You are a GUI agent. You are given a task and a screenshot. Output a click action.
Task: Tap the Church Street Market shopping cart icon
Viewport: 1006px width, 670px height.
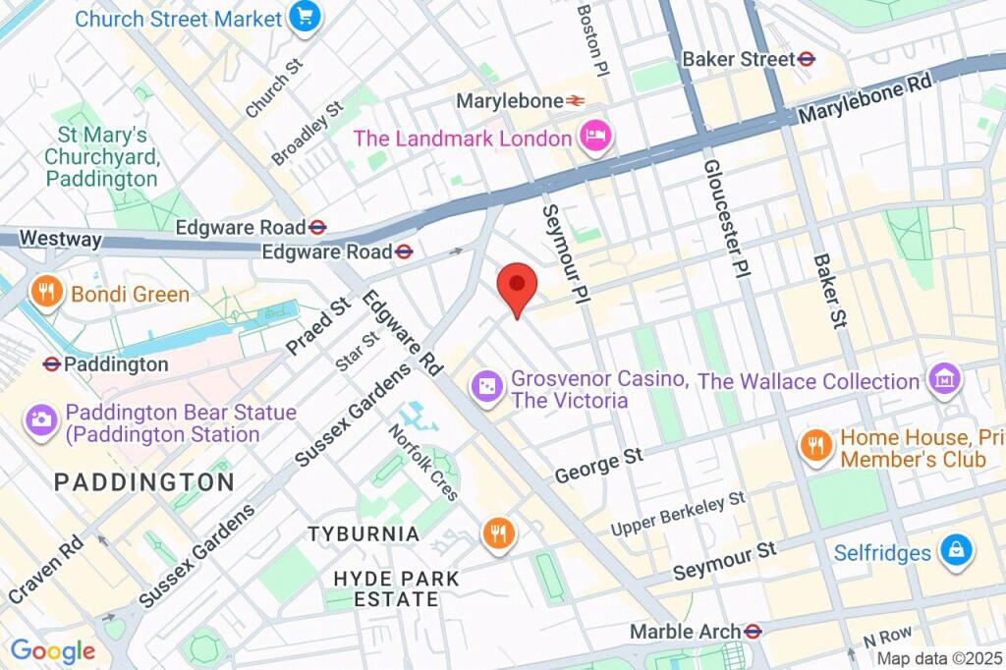tap(306, 19)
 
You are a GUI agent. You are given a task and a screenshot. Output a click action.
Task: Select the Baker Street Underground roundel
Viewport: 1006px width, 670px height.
tap(808, 59)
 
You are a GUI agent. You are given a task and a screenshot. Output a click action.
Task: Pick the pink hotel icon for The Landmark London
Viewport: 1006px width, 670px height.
tap(594, 138)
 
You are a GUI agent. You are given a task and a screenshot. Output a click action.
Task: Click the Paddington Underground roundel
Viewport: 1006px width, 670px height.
tap(52, 364)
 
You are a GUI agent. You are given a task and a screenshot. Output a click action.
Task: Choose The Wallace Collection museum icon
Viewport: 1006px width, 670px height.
tap(943, 379)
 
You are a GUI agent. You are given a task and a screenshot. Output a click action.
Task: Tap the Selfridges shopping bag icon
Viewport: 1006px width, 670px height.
tap(954, 551)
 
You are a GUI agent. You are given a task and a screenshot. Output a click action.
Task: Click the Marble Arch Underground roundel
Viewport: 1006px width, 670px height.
tap(754, 631)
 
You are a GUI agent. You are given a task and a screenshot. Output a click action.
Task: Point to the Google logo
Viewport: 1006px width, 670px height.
tap(53, 650)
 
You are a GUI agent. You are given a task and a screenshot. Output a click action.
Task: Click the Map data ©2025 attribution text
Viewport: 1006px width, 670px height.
tap(938, 659)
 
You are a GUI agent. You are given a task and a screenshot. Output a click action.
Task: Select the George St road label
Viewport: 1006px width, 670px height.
tap(599, 466)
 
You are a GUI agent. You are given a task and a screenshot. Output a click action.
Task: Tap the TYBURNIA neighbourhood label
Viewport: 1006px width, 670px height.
tap(363, 534)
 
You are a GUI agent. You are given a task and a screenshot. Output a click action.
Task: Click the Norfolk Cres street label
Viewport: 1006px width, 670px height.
tap(422, 462)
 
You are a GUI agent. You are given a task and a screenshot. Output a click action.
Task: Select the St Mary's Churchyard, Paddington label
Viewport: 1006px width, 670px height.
tap(101, 157)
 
